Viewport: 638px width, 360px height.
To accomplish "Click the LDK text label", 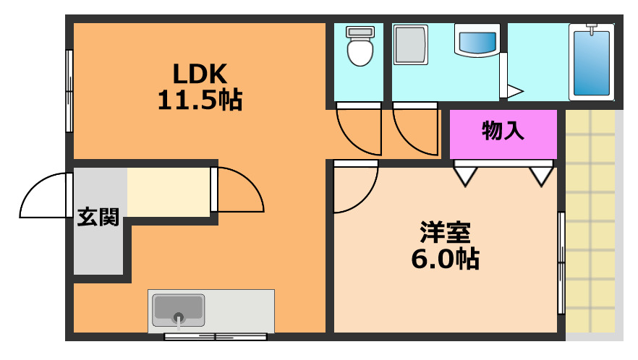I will [x=200, y=74].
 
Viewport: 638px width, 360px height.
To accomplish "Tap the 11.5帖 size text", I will [x=200, y=100].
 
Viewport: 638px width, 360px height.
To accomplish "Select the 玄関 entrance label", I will [x=98, y=217].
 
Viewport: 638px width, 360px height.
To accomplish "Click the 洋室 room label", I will [x=446, y=233].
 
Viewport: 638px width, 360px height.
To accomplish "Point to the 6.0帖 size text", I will [x=446, y=258].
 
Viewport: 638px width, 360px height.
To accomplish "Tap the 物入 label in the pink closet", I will [x=503, y=132].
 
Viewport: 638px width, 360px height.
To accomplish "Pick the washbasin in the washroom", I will [x=476, y=40].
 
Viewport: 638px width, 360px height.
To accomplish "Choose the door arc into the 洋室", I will [x=354, y=189].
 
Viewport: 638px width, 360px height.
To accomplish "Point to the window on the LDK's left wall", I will [x=69, y=90].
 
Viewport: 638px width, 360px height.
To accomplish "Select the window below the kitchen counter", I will [x=216, y=337].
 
